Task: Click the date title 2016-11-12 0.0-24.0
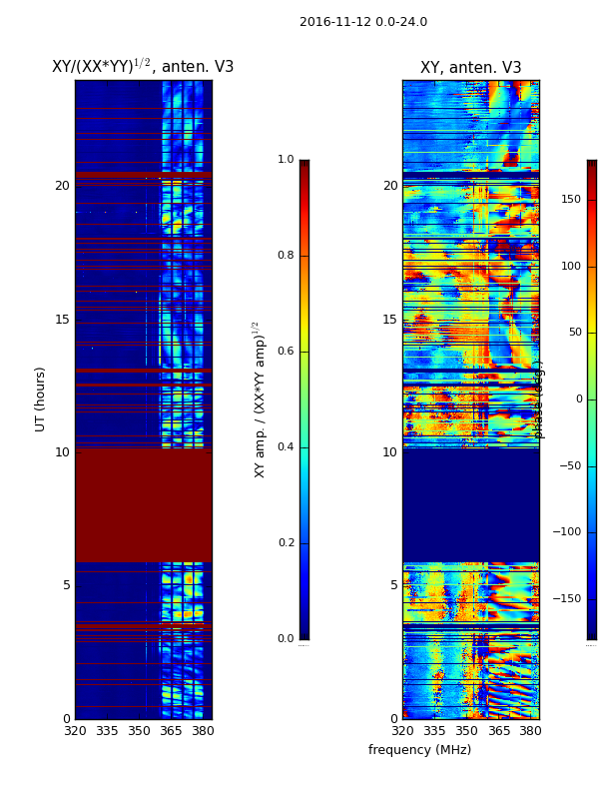tap(363, 22)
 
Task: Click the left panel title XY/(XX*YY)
tap(143, 67)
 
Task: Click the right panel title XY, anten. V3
tap(470, 68)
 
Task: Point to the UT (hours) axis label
tap(41, 399)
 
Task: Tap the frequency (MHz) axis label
tap(419, 750)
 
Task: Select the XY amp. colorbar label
tap(260, 399)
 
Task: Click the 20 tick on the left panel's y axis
tap(62, 186)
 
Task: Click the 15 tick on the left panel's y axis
tap(62, 320)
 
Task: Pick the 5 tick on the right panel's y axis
tap(393, 585)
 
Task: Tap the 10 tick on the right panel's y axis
tap(389, 452)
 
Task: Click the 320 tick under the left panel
tap(75, 731)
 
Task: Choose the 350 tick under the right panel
tap(466, 731)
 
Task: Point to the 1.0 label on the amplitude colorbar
tap(286, 160)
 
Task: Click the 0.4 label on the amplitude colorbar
tap(286, 447)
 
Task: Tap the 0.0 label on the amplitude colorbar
tap(286, 639)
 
